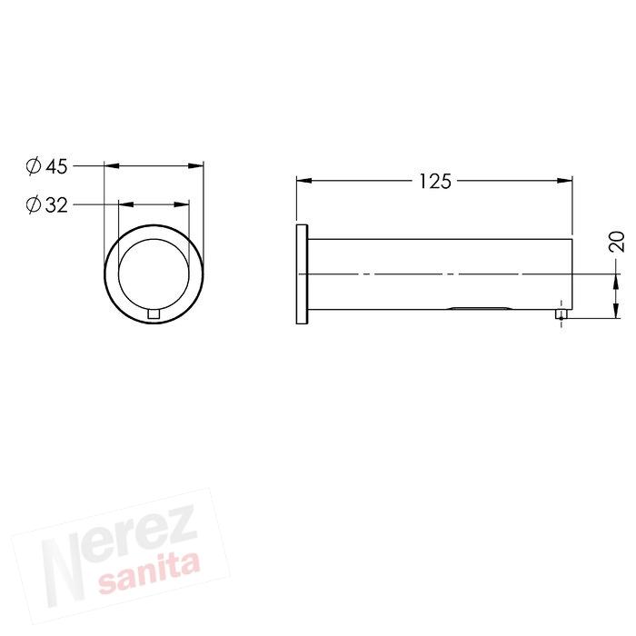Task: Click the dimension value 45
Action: (57, 166)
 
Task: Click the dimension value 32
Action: (57, 205)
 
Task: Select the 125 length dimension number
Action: (434, 182)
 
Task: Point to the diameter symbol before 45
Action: (33, 166)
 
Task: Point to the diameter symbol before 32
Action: (33, 205)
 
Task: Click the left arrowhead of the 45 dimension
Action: (111, 166)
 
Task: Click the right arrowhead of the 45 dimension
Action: (197, 166)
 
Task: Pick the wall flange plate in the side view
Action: (302, 273)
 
